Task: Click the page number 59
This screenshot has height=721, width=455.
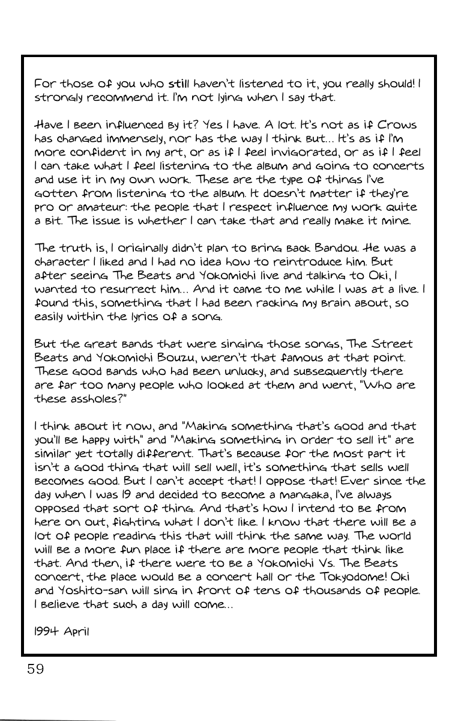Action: click(35, 669)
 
